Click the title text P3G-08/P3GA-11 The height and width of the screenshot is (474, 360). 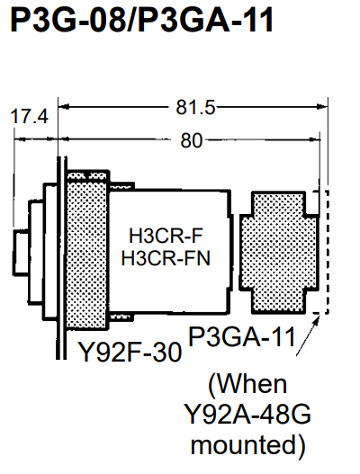click(142, 20)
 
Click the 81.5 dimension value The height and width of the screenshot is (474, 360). click(195, 107)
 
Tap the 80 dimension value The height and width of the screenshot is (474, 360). click(191, 140)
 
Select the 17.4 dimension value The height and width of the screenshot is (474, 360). click(30, 116)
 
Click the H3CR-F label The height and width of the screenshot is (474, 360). click(166, 236)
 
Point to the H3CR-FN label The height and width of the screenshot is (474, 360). click(166, 258)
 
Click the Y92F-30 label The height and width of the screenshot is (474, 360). click(130, 352)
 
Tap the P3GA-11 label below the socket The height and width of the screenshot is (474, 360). click(241, 336)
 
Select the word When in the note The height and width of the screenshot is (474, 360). click(247, 384)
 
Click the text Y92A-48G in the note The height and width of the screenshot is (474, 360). click(247, 414)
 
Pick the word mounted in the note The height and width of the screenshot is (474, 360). click(248, 445)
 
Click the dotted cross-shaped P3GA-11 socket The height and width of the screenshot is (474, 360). click(279, 253)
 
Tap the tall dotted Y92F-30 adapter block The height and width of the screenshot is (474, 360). click(87, 250)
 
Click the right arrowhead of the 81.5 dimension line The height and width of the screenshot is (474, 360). click(322, 106)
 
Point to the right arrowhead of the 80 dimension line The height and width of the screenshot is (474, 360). click(315, 139)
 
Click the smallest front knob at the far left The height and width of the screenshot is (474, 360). click(21, 253)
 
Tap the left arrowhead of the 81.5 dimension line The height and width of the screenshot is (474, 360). click(64, 106)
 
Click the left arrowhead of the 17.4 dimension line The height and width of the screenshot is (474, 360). click(20, 139)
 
